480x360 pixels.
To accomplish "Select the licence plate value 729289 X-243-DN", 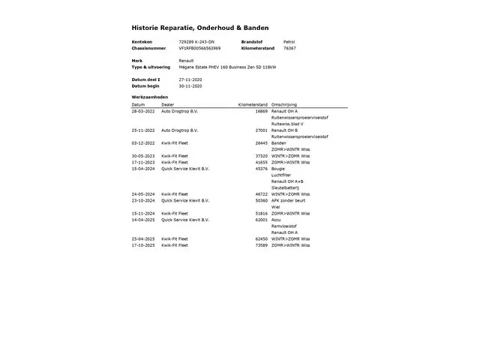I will (196, 41).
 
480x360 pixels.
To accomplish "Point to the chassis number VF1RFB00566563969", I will (199, 48).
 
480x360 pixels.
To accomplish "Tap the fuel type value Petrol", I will (289, 41).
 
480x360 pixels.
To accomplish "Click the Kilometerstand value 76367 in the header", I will (289, 48).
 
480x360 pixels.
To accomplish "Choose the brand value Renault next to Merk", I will (186, 60).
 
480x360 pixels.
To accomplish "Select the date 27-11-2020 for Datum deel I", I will (190, 79).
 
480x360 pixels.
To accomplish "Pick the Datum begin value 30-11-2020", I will (190, 85).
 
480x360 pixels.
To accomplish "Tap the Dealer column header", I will (167, 104).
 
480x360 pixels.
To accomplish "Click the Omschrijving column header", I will (284, 104).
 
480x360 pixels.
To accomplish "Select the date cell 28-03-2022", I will (143, 111).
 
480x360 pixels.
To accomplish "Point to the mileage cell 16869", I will (261, 111).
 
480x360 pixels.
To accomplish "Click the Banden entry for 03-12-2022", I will (278, 142).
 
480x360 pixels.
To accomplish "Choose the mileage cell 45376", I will (261, 169).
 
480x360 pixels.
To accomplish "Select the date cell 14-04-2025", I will (143, 220).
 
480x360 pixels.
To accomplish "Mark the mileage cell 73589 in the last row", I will (261, 245).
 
